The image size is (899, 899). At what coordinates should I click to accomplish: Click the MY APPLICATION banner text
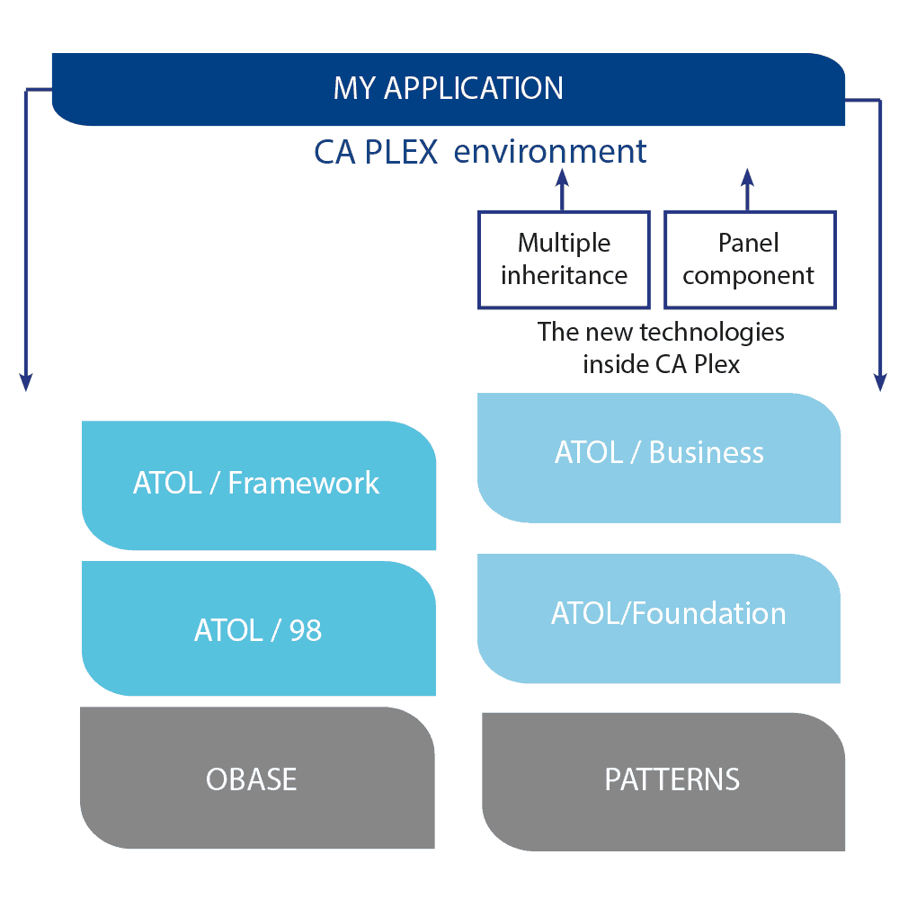tap(448, 88)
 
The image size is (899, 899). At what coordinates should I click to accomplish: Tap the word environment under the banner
tap(550, 151)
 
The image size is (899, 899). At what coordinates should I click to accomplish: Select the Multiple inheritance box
tap(564, 260)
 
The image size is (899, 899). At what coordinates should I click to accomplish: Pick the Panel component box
tap(749, 260)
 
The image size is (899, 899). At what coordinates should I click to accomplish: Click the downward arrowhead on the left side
tap(26, 381)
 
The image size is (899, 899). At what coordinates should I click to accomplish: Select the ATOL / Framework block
tap(258, 485)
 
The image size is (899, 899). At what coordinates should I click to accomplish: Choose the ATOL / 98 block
tap(258, 628)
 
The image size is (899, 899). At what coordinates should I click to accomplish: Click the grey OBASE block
tap(257, 778)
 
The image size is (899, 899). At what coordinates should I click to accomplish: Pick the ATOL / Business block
tap(659, 457)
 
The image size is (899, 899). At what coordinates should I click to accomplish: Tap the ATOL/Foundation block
tap(659, 618)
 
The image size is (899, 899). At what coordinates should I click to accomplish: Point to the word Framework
tap(304, 484)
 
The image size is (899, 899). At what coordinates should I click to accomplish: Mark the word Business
tap(706, 452)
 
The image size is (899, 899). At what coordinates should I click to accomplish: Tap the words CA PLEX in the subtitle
tap(375, 152)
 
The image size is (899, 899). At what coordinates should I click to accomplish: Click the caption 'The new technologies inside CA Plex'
tap(661, 348)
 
